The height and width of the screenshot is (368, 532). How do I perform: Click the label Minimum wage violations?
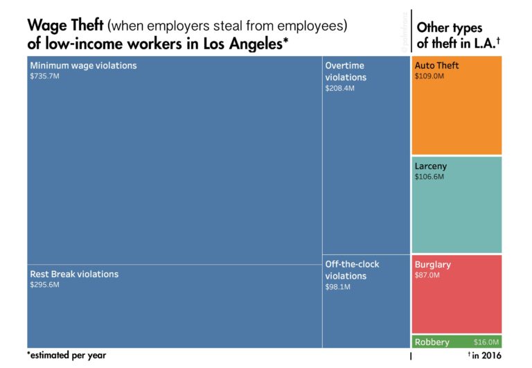click(x=83, y=66)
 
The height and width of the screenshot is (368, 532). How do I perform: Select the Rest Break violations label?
click(x=74, y=274)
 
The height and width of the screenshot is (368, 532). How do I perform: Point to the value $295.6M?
click(x=44, y=285)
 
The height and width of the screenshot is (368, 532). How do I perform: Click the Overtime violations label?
click(x=346, y=71)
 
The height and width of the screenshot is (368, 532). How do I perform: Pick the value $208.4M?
click(x=339, y=89)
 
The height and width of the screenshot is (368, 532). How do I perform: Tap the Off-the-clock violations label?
click(x=352, y=270)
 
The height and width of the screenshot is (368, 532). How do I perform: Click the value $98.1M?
click(x=338, y=287)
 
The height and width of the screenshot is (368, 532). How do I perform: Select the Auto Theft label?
click(x=436, y=66)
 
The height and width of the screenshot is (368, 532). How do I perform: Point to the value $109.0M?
click(x=429, y=76)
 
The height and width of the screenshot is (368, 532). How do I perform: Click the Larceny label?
click(x=431, y=166)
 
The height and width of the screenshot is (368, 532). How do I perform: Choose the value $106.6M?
click(x=429, y=177)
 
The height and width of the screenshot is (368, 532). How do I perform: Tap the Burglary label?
click(x=433, y=265)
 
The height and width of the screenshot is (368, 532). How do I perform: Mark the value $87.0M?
click(x=427, y=275)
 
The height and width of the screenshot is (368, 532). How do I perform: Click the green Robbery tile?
click(x=443, y=342)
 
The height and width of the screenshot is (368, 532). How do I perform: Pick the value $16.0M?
click(x=486, y=342)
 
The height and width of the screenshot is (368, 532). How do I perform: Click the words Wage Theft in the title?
click(x=65, y=26)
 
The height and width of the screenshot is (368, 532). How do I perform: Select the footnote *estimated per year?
click(x=66, y=355)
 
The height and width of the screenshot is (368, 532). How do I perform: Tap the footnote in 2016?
click(x=486, y=356)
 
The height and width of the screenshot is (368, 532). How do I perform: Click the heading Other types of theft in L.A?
click(x=457, y=35)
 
